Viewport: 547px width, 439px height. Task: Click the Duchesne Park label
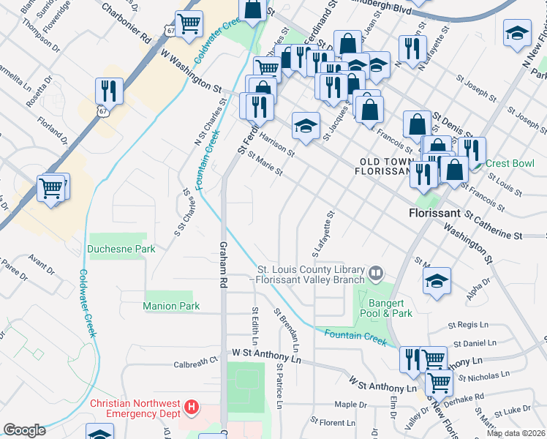pyautogui.click(x=121, y=249)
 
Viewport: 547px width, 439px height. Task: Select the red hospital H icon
pyautogui.click(x=192, y=405)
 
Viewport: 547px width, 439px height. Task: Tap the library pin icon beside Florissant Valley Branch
pyautogui.click(x=376, y=273)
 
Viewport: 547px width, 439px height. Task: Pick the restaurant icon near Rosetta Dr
pyautogui.click(x=109, y=91)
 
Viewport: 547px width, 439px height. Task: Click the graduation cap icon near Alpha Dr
pyautogui.click(x=437, y=281)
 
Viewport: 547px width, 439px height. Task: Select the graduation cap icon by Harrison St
pyautogui.click(x=306, y=125)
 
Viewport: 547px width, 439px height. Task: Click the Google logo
pyautogui.click(x=24, y=430)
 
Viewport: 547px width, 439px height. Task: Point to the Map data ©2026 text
pyautogui.click(x=516, y=433)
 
